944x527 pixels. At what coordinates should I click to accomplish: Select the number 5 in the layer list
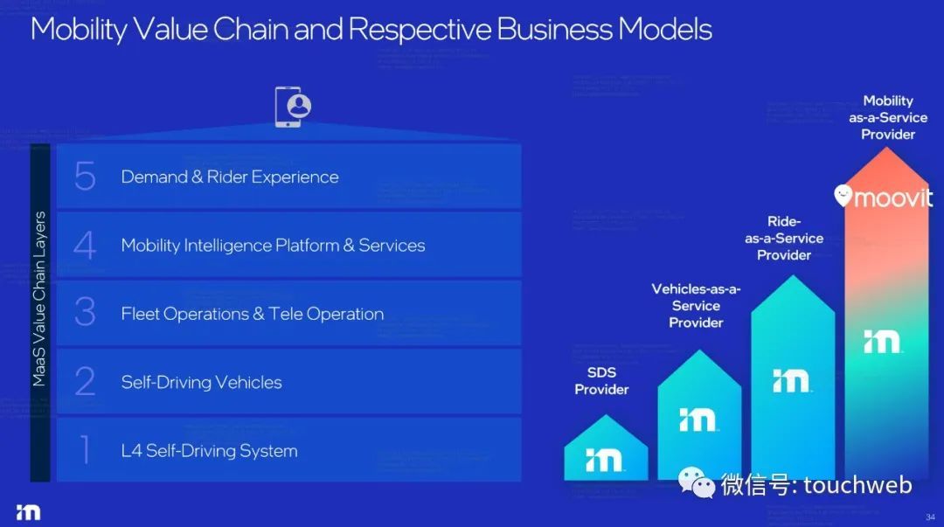coord(85,177)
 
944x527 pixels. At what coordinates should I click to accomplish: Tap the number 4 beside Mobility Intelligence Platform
coord(85,245)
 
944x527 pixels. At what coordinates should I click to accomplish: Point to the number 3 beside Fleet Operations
coord(85,313)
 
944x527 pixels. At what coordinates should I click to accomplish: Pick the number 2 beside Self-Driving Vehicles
coord(85,381)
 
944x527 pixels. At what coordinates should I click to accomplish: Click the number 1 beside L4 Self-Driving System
coord(85,450)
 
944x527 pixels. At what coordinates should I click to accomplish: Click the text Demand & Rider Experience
coord(229,177)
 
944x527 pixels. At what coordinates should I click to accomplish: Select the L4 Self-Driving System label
coord(209,451)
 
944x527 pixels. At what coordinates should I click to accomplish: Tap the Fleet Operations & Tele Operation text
coord(253,314)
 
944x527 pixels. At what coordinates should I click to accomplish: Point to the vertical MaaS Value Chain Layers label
coord(39,299)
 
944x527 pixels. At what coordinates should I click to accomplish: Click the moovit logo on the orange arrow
coord(883,197)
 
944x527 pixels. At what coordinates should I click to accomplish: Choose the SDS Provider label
coord(601,381)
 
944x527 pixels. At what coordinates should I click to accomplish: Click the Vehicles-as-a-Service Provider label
coord(696,305)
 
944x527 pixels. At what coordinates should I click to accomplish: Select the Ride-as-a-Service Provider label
coord(784,238)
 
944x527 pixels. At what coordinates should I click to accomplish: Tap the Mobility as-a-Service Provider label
coord(888,117)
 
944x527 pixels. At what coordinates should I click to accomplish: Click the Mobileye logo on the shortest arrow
coord(604,461)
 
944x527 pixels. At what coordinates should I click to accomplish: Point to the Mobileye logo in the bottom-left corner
coord(28,512)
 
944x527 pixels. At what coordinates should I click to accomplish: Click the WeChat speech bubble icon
coord(696,482)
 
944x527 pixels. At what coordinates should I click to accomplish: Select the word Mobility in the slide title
coord(79,30)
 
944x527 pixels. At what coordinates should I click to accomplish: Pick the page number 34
coord(930,517)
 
